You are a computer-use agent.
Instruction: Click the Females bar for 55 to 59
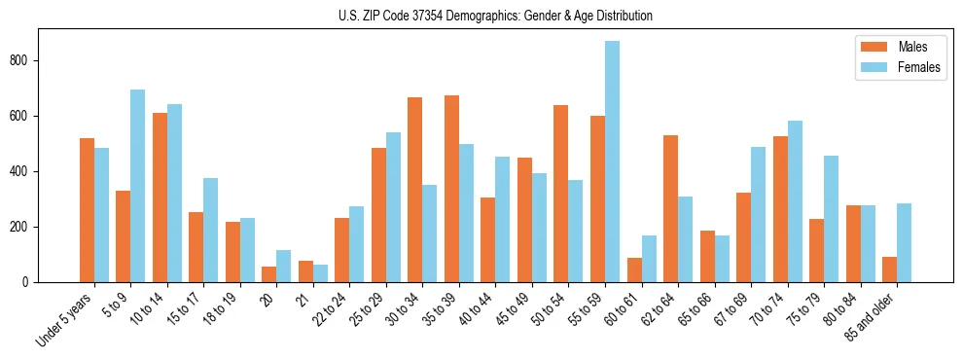613,162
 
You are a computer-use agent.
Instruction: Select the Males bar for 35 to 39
451,189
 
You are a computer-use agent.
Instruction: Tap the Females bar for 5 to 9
138,186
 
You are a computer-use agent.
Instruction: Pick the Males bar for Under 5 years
87,210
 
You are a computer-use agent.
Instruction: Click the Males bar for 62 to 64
670,208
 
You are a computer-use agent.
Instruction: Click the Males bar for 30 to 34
415,190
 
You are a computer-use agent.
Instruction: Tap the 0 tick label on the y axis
28,282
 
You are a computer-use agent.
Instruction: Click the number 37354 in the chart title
421,16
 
